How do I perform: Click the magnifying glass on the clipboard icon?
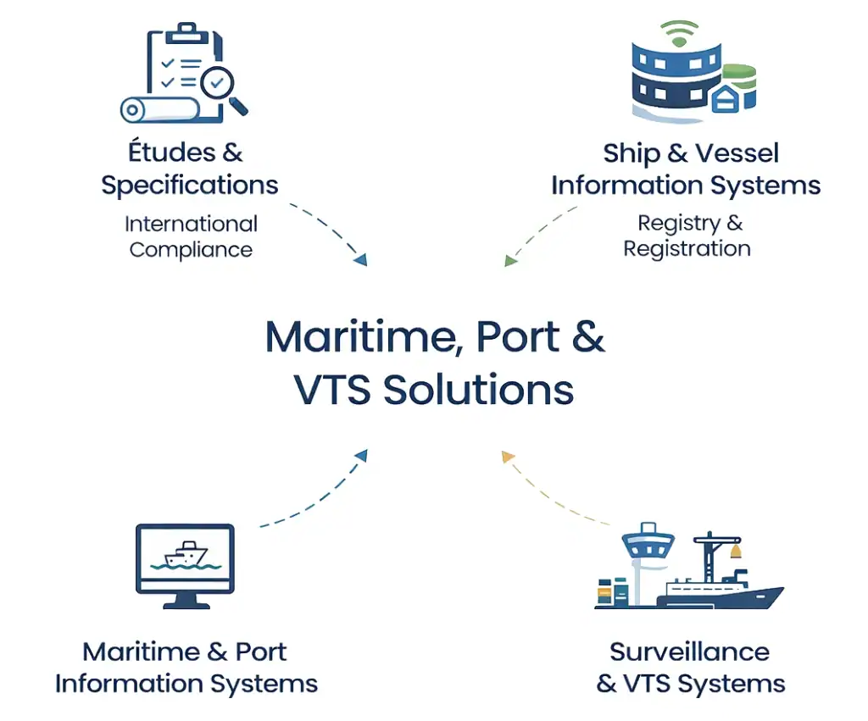[221, 85]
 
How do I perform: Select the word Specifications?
[189, 185]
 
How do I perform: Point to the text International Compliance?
[191, 237]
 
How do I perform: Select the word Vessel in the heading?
[734, 153]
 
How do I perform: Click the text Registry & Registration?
[687, 236]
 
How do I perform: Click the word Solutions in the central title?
[479, 390]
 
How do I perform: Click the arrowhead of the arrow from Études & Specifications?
[360, 259]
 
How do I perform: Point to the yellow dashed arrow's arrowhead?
[508, 458]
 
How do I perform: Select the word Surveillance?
[689, 652]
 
